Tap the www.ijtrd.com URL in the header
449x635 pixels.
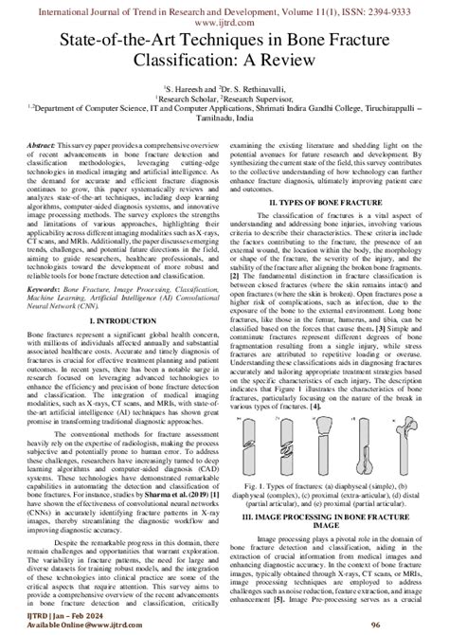tap(224, 18)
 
